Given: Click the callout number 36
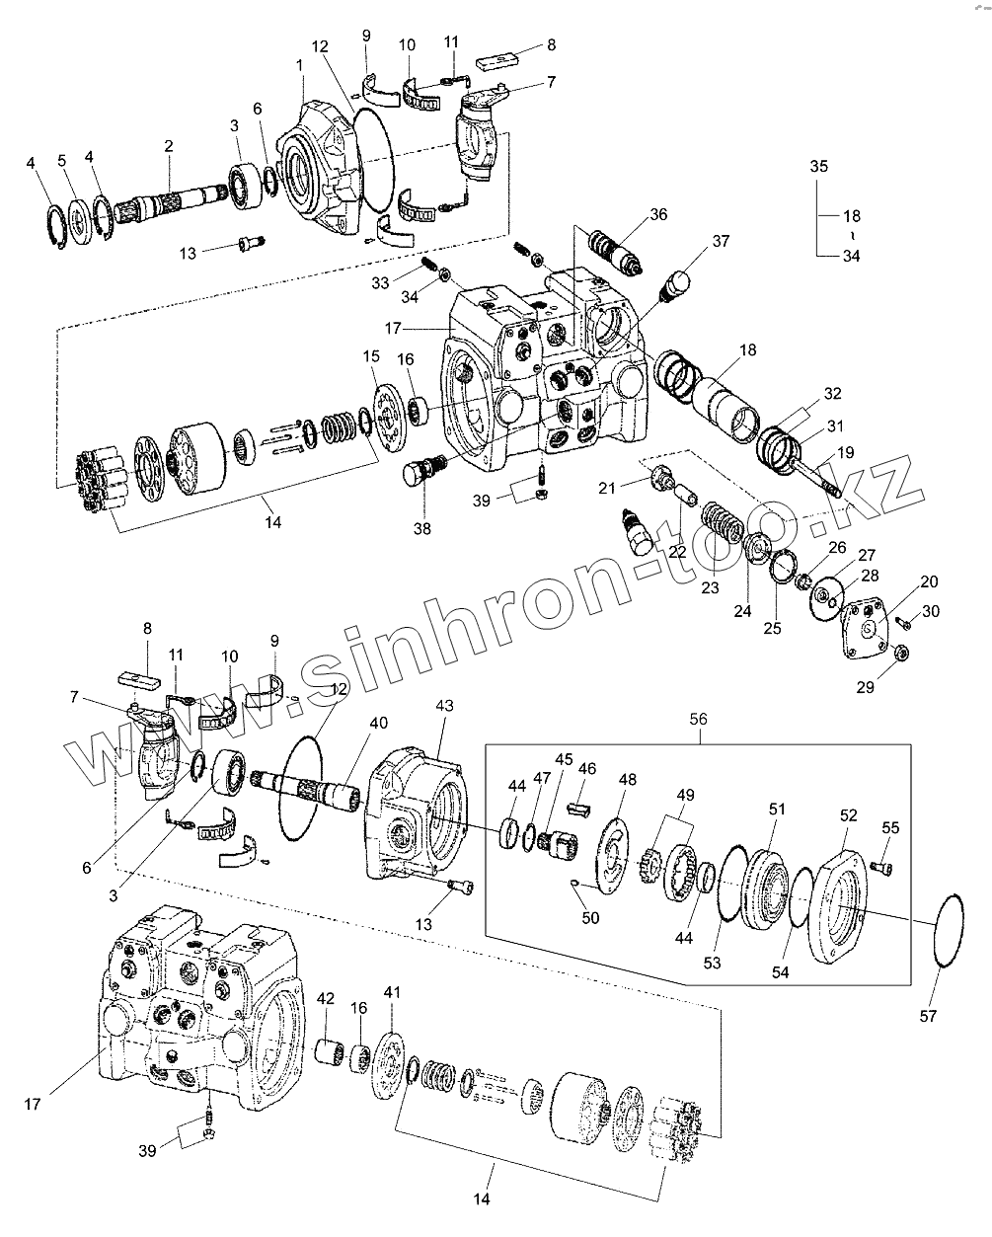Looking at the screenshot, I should pyautogui.click(x=657, y=214).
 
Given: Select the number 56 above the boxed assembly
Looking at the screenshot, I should pyautogui.click(x=698, y=720).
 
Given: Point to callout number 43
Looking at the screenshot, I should pyautogui.click(x=444, y=707).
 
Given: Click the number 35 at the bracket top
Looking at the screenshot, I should pyautogui.click(x=819, y=166).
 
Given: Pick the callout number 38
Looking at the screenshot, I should pyautogui.click(x=421, y=528).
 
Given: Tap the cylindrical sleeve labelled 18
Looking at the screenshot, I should pyautogui.click(x=725, y=405).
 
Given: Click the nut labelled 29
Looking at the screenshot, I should pyautogui.click(x=902, y=654).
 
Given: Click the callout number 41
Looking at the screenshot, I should pyautogui.click(x=392, y=991).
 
